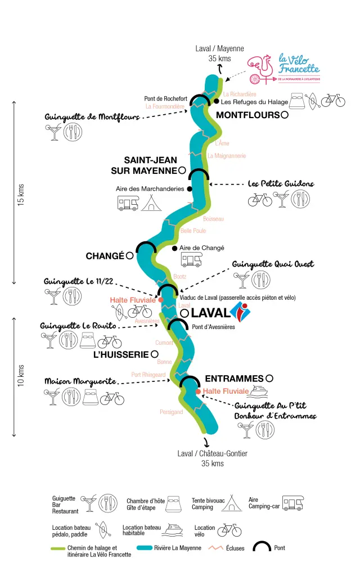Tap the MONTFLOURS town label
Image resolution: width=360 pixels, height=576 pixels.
tap(247, 115)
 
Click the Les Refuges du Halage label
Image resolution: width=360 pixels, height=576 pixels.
tap(254, 102)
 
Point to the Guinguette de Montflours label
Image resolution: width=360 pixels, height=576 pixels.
tap(92, 117)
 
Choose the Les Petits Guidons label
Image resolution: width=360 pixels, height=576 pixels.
tap(281, 183)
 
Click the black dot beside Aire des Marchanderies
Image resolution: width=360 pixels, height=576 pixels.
tap(190, 189)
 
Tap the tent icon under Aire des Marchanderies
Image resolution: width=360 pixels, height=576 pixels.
tap(152, 203)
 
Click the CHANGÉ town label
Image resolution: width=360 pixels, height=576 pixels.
tap(105, 256)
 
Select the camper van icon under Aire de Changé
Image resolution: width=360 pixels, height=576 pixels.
tap(191, 259)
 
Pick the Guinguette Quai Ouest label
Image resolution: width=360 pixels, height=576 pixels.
tap(273, 264)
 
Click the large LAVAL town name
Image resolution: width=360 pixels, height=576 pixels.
tap(210, 312)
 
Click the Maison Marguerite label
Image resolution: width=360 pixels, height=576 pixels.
tap(80, 381)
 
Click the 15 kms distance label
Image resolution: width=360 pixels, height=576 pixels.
tap(21, 195)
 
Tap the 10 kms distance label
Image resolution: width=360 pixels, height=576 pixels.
tap(21, 376)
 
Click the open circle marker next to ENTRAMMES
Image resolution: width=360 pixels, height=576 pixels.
tap(269, 379)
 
